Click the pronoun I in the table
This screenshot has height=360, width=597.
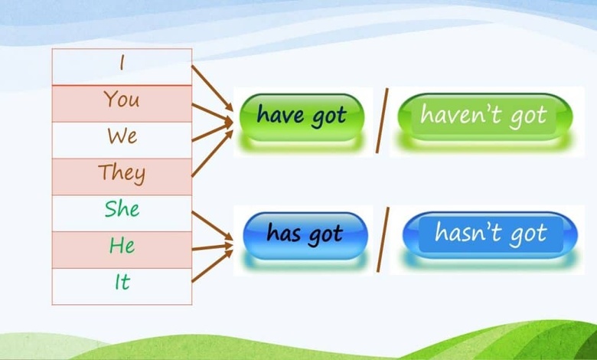(x=122, y=63)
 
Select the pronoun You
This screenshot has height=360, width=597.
(x=122, y=99)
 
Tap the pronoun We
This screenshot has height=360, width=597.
(x=122, y=136)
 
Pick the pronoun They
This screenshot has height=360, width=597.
(x=122, y=173)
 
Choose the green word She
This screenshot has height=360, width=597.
(x=122, y=209)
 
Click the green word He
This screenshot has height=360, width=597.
(x=122, y=245)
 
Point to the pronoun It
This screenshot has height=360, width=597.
(x=122, y=282)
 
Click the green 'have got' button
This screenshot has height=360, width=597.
(x=302, y=117)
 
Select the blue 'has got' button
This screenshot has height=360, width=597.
(x=305, y=235)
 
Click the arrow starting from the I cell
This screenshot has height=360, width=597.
(x=212, y=88)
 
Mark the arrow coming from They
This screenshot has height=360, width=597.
(x=212, y=153)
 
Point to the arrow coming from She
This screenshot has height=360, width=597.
(x=212, y=226)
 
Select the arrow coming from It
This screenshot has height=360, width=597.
(x=212, y=266)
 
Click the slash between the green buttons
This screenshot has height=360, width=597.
(x=382, y=121)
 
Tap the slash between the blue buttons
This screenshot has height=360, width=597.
(x=383, y=240)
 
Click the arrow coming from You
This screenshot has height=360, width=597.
(x=212, y=113)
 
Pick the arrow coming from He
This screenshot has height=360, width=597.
(x=212, y=247)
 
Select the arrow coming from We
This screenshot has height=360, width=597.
(x=212, y=132)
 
